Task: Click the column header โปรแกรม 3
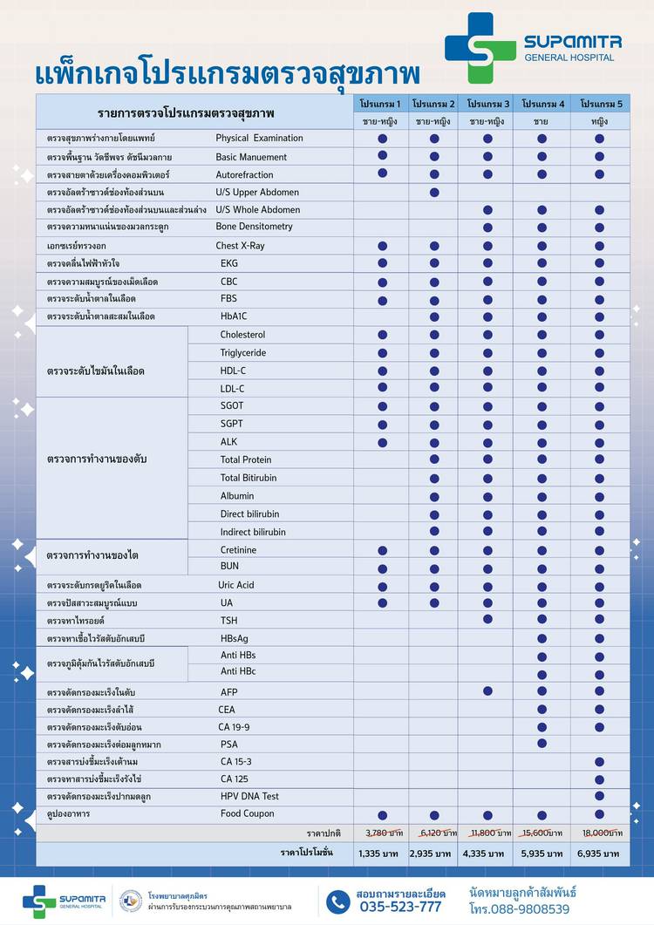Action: tap(488, 105)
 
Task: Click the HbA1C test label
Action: tap(234, 316)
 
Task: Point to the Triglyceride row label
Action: tap(243, 353)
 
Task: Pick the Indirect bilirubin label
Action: tap(253, 532)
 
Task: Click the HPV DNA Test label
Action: tap(249, 796)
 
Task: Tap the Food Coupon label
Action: tap(247, 813)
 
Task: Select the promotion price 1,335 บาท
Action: tap(379, 854)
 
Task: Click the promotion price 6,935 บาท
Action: tap(600, 854)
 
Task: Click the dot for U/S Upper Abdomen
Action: tap(434, 192)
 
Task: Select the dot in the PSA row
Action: tap(542, 744)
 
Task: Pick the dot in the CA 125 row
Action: tap(599, 778)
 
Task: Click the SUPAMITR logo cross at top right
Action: tap(480, 48)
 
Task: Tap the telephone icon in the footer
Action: tap(338, 901)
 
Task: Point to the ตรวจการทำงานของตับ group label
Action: tap(97, 459)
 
